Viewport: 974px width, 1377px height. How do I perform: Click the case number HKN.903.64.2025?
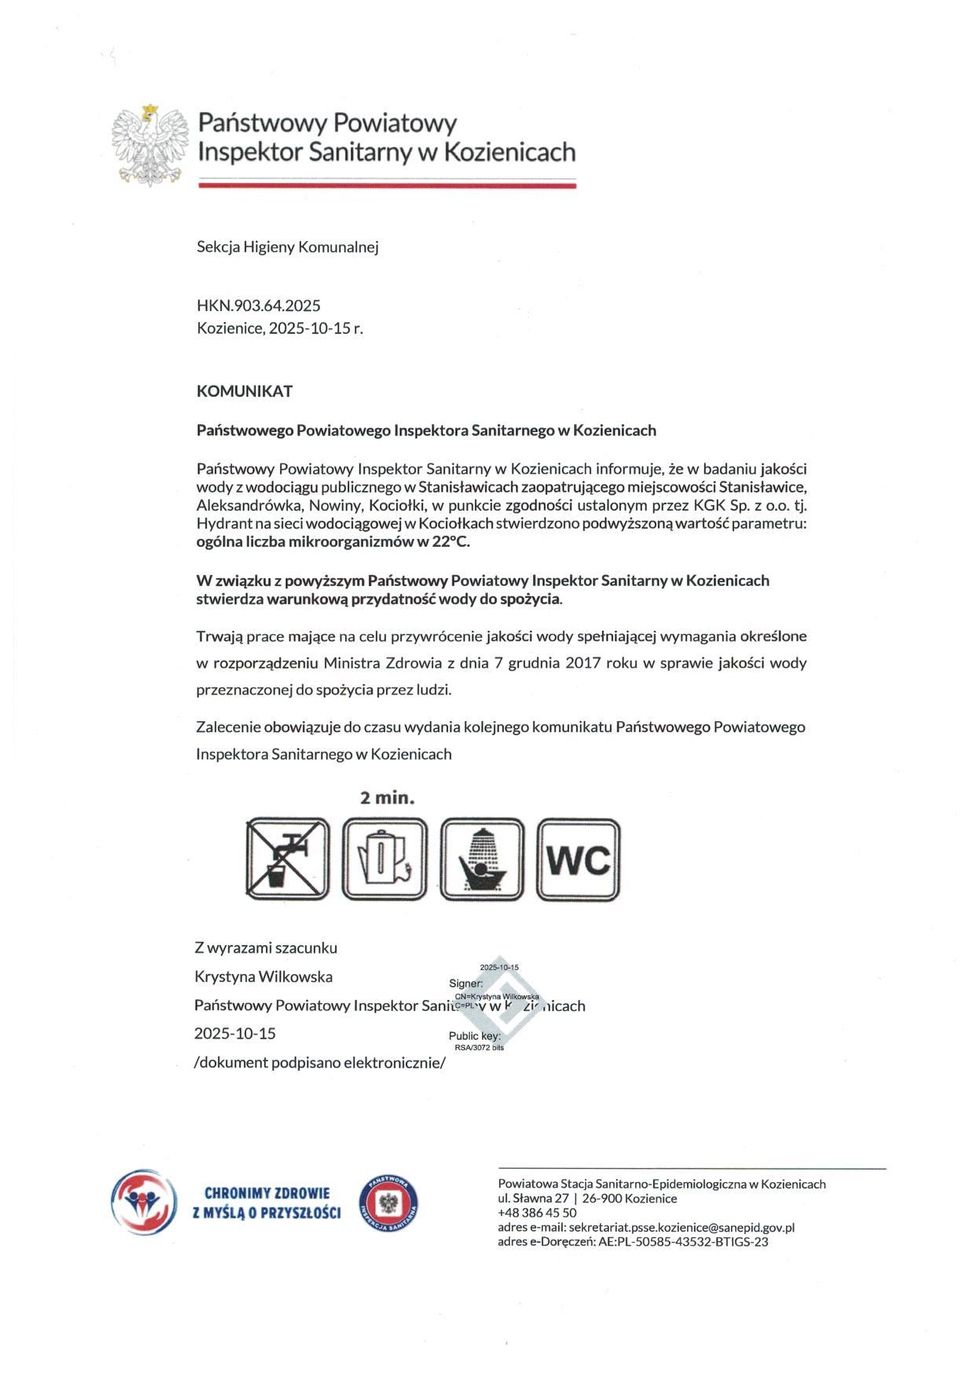point(258,306)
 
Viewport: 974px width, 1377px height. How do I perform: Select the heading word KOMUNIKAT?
point(244,391)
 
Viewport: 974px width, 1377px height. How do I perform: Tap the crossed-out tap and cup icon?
point(287,859)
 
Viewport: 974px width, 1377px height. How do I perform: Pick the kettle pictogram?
point(385,859)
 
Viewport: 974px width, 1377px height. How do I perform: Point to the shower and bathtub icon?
point(482,859)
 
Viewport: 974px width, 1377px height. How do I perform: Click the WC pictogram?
point(579,859)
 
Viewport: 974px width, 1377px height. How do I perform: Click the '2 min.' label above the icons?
point(387,798)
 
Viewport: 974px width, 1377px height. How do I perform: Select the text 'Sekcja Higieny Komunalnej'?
point(287,247)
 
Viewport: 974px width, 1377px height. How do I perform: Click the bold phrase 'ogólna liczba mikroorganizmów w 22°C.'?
point(333,542)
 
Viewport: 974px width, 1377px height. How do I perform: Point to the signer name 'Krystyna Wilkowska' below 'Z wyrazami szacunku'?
point(263,976)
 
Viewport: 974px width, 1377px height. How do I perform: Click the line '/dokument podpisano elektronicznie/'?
point(320,1063)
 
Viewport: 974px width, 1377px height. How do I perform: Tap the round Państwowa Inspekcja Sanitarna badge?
point(389,1204)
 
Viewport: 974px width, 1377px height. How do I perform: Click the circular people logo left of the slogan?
point(140,1203)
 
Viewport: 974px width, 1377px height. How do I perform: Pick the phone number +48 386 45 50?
point(537,1213)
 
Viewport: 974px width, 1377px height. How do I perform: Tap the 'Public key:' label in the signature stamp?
point(474,1036)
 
